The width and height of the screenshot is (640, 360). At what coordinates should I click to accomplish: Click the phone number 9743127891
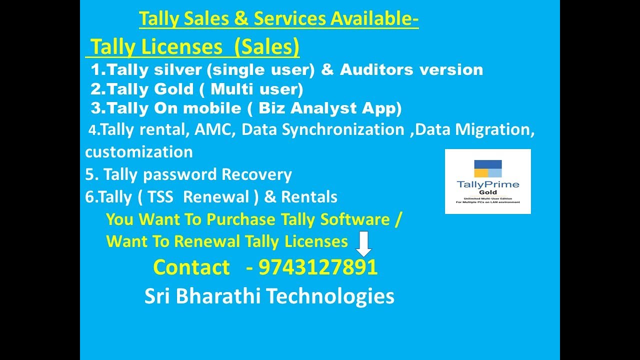318,267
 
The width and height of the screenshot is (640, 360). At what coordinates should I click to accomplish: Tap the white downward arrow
364,244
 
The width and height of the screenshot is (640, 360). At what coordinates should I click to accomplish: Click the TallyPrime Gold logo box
487,181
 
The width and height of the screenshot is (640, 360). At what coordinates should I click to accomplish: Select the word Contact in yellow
191,267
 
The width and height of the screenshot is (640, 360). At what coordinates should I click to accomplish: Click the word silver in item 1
183,70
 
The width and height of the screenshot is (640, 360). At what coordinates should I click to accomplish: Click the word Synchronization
343,129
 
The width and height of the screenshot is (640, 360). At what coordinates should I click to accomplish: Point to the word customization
139,152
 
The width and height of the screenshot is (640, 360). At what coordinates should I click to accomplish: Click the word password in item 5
180,175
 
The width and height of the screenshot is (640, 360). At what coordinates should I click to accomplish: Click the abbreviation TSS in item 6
160,197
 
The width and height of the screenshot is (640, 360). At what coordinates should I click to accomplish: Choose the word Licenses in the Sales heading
182,47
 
